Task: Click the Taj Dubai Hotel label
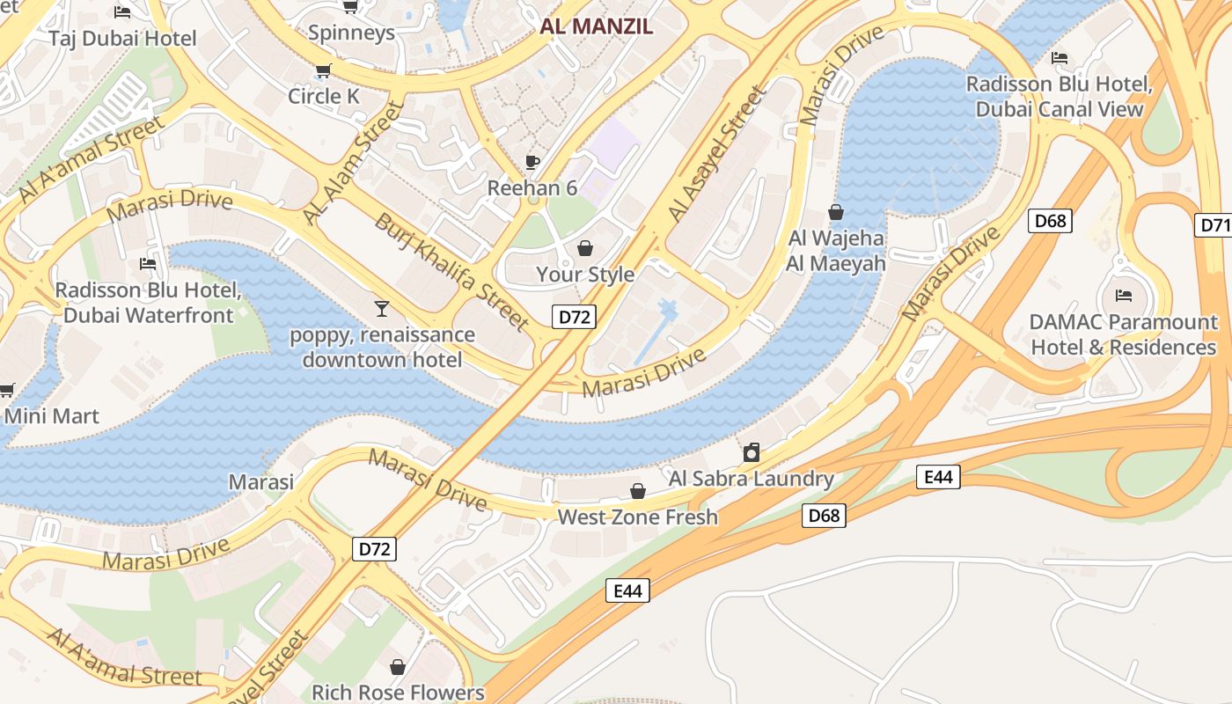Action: [122, 39]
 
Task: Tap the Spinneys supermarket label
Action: [351, 33]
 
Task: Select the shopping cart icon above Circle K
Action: [324, 70]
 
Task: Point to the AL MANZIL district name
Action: [597, 26]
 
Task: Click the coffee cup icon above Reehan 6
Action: [532, 161]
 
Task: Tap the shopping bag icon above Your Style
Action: [584, 249]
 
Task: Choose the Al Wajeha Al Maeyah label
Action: [836, 250]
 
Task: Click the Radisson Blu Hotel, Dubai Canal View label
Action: [1059, 97]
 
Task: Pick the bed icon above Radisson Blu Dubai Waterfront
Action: [148, 263]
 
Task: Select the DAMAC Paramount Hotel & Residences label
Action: [1123, 334]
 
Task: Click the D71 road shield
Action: [1214, 225]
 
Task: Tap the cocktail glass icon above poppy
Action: [382, 308]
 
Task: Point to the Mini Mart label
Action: [52, 415]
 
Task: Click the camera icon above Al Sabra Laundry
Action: [752, 452]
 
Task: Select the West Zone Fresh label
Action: [637, 517]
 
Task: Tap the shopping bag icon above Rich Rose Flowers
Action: [398, 666]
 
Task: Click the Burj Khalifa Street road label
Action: [451, 272]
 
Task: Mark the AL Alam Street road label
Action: [353, 162]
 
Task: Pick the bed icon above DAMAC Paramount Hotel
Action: [1123, 295]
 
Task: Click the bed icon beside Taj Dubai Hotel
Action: [122, 11]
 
